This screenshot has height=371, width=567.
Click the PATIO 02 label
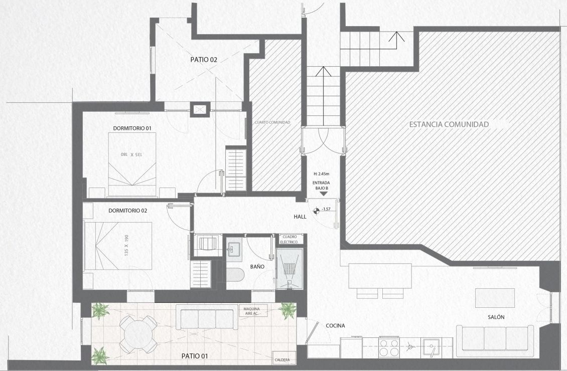204,60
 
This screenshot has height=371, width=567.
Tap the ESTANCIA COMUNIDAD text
449,124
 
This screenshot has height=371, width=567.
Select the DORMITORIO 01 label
132,128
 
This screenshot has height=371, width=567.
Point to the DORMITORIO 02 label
127,211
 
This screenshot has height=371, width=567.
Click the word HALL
300,217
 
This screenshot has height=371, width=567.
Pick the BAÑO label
257,267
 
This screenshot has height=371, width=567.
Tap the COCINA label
335,325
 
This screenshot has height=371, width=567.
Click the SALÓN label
496,317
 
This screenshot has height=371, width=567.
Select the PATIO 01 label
195,356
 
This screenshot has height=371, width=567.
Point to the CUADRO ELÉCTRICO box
290,239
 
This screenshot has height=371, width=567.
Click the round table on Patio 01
138,335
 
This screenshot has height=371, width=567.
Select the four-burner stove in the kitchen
389,347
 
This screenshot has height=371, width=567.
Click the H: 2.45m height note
322,174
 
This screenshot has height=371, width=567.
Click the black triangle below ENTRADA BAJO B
324,194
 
